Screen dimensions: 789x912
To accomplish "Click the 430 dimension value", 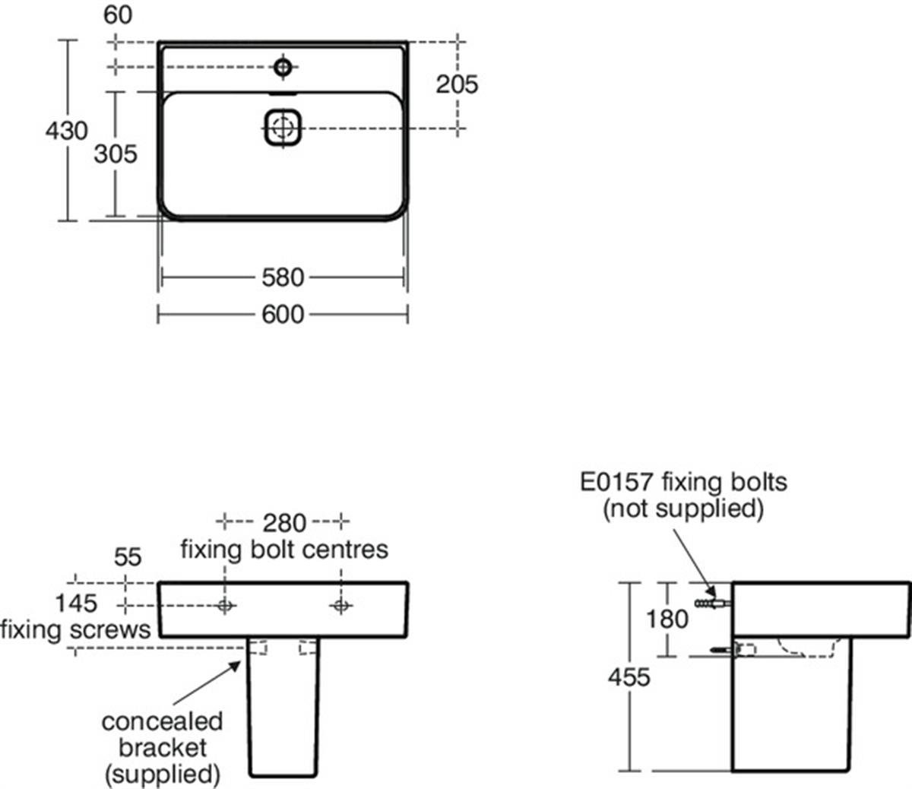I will click(67, 131).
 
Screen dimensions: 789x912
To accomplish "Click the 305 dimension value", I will click(116, 154).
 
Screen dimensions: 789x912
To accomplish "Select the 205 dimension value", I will click(457, 84).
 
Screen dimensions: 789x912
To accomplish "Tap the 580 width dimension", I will click(283, 277).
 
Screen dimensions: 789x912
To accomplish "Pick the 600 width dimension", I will click(283, 314).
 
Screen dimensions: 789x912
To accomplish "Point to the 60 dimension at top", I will click(118, 16).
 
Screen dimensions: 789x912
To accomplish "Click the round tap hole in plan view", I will click(283, 68).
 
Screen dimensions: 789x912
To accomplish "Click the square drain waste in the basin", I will click(283, 127).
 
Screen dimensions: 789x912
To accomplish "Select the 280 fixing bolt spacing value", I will click(284, 523).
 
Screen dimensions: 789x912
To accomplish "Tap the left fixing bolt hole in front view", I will click(225, 605).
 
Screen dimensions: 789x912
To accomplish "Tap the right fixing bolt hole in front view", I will click(340, 605).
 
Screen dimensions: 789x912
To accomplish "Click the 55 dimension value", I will click(128, 557).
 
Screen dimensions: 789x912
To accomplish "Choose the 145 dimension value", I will click(76, 604).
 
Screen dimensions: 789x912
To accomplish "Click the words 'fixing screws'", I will click(75, 629).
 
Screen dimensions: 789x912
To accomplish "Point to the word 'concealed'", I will click(162, 721).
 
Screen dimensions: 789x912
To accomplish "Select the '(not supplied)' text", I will click(682, 508).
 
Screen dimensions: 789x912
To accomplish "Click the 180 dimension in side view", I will click(667, 619).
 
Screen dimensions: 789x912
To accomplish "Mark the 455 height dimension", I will click(629, 677).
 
